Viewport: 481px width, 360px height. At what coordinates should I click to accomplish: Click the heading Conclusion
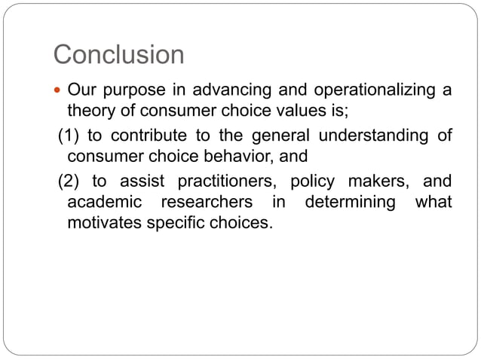pyautogui.click(x=119, y=54)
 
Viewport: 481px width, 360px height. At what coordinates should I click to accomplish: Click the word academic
pyautogui.click(x=102, y=203)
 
